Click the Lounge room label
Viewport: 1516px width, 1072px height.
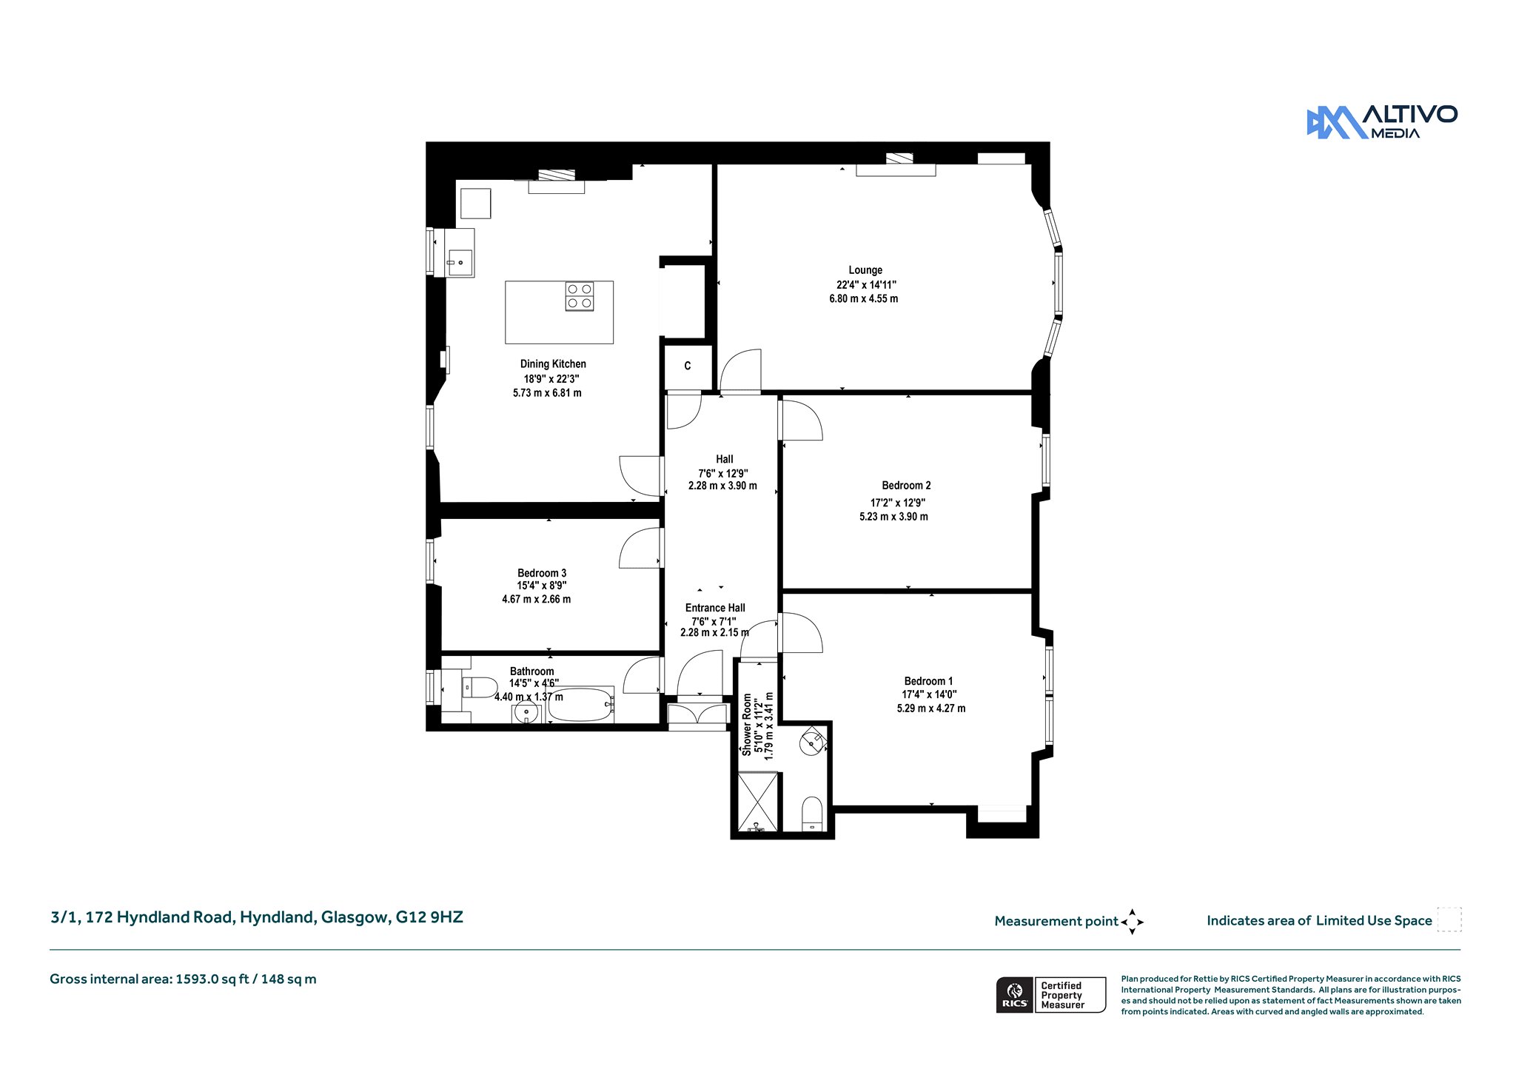(x=865, y=270)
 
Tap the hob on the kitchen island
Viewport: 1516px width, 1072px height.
(x=580, y=296)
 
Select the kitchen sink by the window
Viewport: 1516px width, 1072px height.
(x=460, y=262)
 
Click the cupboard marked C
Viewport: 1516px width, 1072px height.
(x=688, y=366)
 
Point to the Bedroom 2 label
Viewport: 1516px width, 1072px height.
(x=906, y=486)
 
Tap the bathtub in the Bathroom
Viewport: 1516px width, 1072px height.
(x=581, y=704)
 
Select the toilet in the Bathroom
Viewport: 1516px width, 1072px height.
(x=480, y=688)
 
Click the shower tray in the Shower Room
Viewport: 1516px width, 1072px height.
(x=758, y=802)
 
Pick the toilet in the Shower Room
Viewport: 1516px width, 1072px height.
(x=813, y=814)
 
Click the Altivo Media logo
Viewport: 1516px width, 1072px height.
(x=1382, y=122)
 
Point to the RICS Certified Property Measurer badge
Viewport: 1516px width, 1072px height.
(x=1051, y=995)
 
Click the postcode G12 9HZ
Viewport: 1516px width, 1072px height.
(x=429, y=917)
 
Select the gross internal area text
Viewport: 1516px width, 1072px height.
(x=183, y=979)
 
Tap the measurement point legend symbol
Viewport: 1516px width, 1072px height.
(x=1132, y=922)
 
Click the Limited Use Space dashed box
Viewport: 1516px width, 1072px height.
(x=1449, y=919)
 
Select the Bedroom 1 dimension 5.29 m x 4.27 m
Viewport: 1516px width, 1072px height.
(x=931, y=708)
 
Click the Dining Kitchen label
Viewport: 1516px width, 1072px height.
(x=553, y=364)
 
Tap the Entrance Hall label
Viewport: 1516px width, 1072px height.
(x=715, y=608)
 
